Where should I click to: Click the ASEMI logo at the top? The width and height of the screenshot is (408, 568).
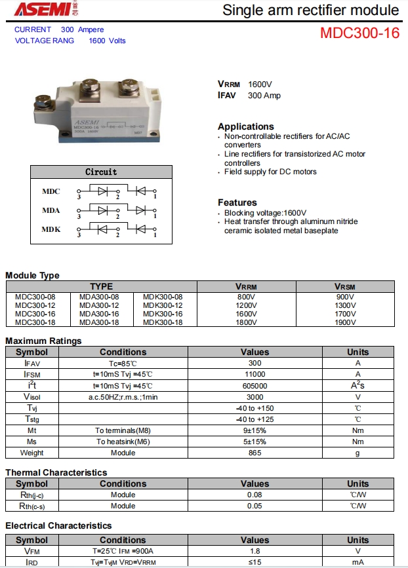[41, 10]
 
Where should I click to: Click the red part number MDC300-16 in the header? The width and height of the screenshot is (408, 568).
[359, 33]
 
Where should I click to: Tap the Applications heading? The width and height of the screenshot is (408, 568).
[245, 126]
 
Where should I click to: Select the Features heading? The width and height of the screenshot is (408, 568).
[237, 202]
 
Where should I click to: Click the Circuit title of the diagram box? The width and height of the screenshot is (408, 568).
[101, 172]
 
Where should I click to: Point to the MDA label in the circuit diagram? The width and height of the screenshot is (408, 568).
[51, 210]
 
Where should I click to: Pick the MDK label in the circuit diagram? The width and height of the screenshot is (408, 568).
[51, 229]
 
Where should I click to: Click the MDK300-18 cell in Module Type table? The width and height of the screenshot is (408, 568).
[163, 322]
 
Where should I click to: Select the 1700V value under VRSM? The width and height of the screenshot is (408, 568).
[345, 314]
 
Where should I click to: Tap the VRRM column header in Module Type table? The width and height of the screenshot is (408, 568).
[246, 286]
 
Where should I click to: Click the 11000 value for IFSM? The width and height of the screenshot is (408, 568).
[255, 374]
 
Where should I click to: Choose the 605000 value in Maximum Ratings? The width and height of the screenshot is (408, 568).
[255, 386]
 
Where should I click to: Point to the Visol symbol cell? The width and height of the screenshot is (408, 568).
[31, 397]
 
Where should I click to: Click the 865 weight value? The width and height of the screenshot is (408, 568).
[255, 453]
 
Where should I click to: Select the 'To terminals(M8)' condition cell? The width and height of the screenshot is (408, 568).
[123, 430]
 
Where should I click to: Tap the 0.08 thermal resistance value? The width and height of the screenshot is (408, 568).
[255, 495]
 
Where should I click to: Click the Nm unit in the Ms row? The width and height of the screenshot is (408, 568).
[357, 442]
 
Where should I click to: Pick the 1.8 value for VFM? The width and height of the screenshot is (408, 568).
[255, 551]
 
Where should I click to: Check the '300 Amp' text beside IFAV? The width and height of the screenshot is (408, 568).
[264, 96]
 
